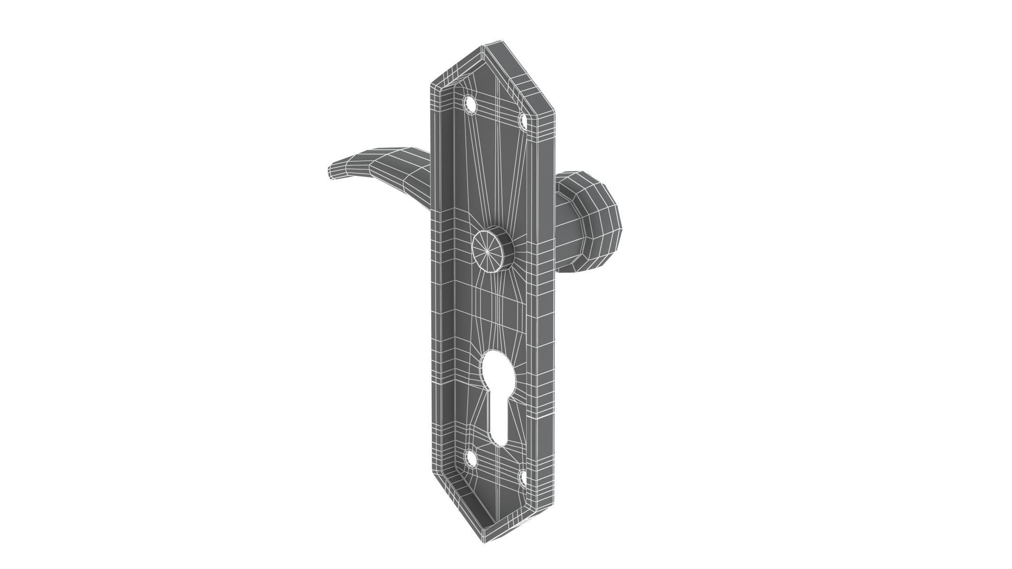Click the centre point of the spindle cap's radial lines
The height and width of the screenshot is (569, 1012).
coord(487,252)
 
